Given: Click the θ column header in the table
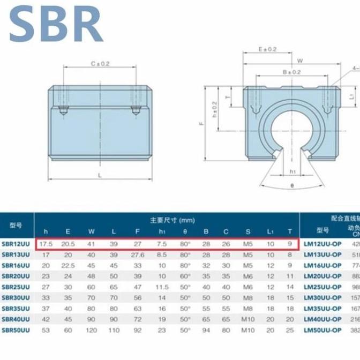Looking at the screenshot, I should [185, 231].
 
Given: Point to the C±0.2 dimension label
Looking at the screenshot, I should [100, 63].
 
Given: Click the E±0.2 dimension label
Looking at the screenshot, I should [267, 49].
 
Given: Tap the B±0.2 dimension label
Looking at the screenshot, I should [291, 71].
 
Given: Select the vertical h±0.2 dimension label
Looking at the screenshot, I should [215, 109].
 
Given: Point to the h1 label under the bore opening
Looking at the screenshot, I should [292, 171].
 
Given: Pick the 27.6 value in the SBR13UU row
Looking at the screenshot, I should [138, 256].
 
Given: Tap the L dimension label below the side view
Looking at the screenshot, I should [100, 175].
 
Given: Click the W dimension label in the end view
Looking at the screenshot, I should [300, 61].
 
